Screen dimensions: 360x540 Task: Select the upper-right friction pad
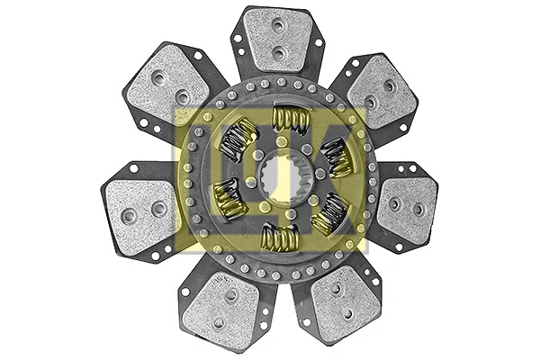(380, 93)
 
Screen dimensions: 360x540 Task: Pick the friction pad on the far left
(139, 211)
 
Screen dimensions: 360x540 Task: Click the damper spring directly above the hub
(289, 118)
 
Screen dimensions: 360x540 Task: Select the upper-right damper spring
(337, 156)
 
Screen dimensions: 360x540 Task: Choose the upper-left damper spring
(238, 139)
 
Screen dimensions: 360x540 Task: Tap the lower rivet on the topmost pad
(278, 53)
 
